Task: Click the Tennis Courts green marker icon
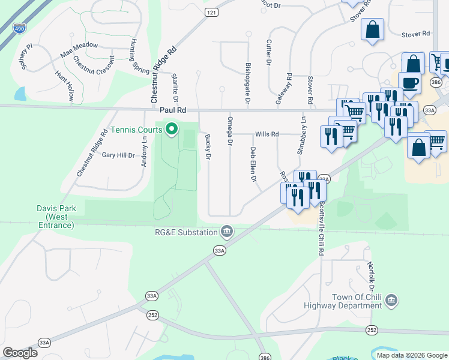171,130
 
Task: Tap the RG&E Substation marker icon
228,231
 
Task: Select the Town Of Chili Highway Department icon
391,299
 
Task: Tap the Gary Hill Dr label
118,155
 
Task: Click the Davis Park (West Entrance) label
56,217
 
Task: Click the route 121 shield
211,12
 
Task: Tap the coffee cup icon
409,83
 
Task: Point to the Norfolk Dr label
372,271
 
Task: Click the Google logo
20,353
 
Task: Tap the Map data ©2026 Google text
411,355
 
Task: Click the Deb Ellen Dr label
253,165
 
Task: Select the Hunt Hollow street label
65,86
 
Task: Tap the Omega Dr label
229,130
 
